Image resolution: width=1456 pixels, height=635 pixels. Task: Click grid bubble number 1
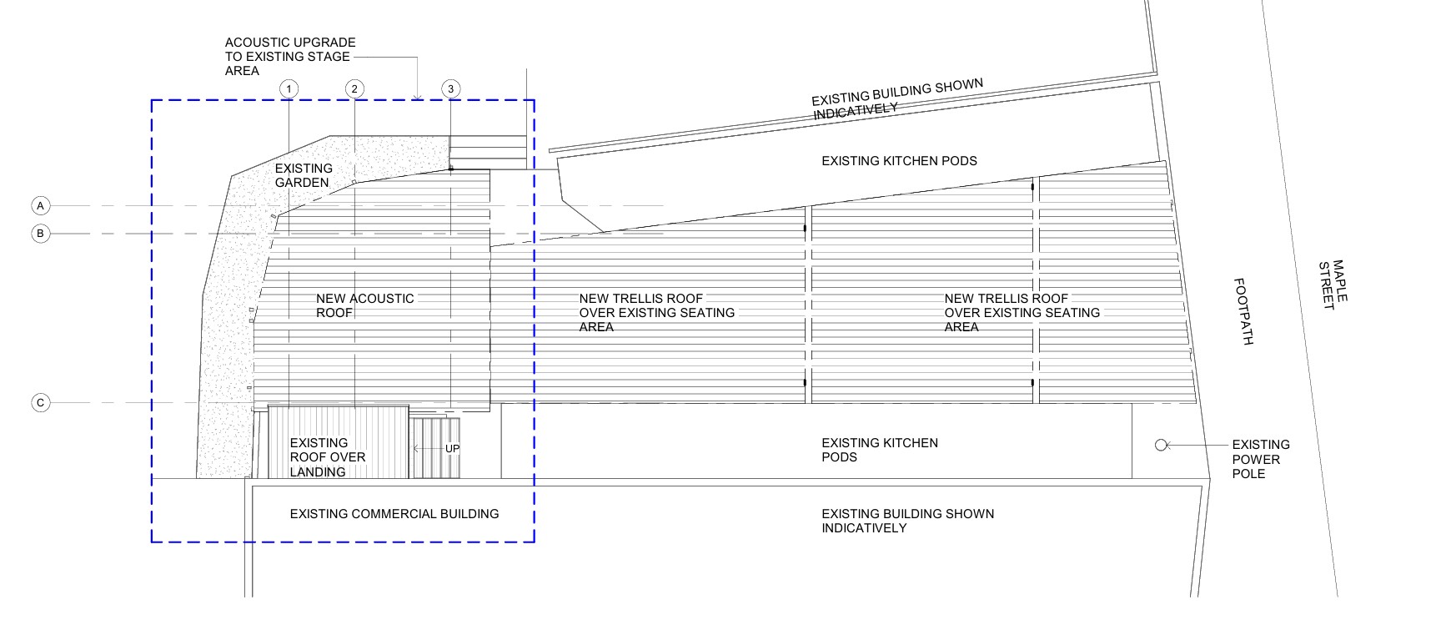click(289, 89)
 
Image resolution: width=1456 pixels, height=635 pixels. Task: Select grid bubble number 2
click(354, 89)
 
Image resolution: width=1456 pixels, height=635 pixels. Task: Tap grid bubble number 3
click(450, 89)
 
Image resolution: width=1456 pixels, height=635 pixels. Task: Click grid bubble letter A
click(40, 205)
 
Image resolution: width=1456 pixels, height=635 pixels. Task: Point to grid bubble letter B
click(40, 234)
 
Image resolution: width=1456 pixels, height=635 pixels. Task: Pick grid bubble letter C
click(40, 403)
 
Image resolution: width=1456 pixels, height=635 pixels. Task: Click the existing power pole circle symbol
click(1161, 446)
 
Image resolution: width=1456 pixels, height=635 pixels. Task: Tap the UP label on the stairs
click(452, 449)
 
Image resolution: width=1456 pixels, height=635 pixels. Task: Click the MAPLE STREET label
click(1332, 285)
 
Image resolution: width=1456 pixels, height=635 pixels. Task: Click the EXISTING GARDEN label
click(304, 175)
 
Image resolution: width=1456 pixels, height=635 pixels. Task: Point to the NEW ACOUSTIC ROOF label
click(364, 305)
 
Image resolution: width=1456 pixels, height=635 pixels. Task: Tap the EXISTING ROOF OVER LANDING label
click(327, 457)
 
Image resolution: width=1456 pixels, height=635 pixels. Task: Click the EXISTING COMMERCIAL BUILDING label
click(394, 514)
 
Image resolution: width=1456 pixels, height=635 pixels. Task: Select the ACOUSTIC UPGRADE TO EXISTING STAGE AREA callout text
click(289, 57)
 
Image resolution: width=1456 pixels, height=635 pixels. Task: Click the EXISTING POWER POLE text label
click(1260, 459)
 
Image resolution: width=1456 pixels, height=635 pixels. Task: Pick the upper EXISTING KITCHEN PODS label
click(899, 161)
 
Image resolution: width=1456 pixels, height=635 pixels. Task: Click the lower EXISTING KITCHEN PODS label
click(879, 450)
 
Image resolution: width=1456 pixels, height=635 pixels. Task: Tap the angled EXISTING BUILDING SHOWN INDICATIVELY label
click(896, 98)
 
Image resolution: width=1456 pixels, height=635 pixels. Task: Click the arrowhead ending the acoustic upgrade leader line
click(417, 97)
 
